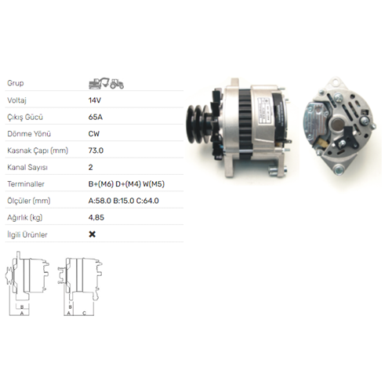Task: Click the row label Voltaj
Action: (x=16, y=100)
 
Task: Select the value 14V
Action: (x=95, y=100)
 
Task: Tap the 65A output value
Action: (x=96, y=117)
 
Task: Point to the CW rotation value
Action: (x=94, y=134)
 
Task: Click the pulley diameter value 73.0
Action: (x=96, y=151)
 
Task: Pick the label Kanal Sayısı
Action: (x=27, y=167)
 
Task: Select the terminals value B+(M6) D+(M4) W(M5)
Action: (x=126, y=184)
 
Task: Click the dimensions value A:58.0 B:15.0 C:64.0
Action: (x=124, y=201)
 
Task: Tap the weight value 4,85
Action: (x=96, y=217)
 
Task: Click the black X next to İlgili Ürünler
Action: (x=93, y=234)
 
